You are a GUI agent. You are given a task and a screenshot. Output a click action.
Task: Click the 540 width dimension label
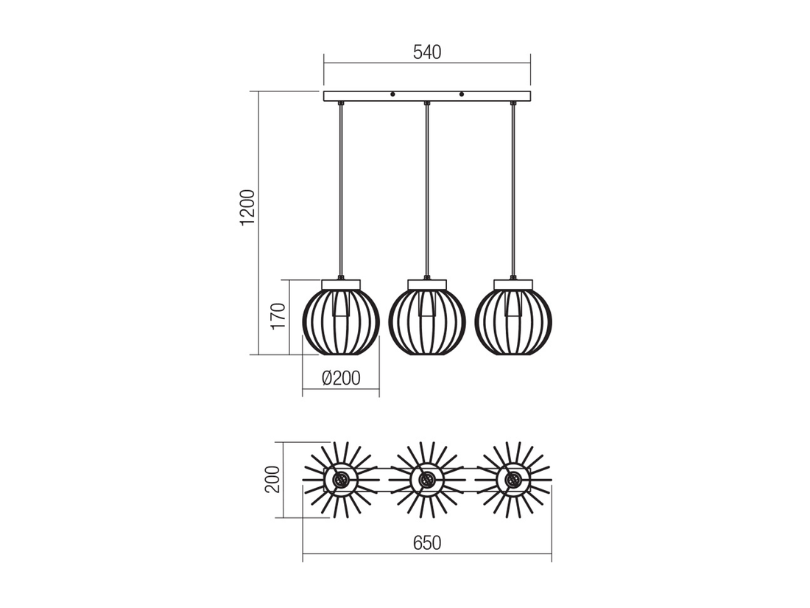pyautogui.click(x=427, y=52)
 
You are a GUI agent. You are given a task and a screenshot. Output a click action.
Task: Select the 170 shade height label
pyautogui.click(x=278, y=316)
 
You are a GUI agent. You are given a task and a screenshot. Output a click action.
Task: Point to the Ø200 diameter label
pyautogui.click(x=341, y=379)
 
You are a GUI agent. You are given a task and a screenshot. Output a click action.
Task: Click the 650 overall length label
pyautogui.click(x=427, y=543)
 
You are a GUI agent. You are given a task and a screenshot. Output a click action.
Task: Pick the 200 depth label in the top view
pyautogui.click(x=272, y=479)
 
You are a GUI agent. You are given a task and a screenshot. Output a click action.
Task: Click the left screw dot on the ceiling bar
pyautogui.click(x=392, y=94)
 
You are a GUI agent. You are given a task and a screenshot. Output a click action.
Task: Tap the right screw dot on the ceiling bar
pyautogui.click(x=462, y=94)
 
